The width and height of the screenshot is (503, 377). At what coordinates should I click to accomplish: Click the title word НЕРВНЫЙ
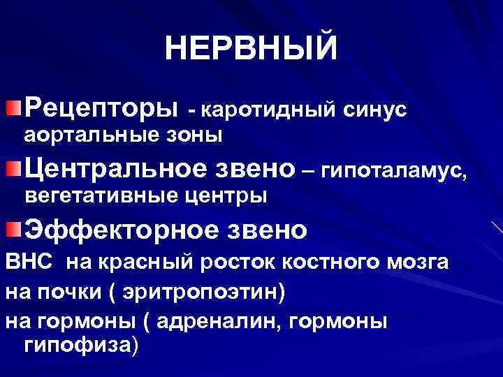[251, 49]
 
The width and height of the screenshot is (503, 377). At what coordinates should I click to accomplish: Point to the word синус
[375, 110]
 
